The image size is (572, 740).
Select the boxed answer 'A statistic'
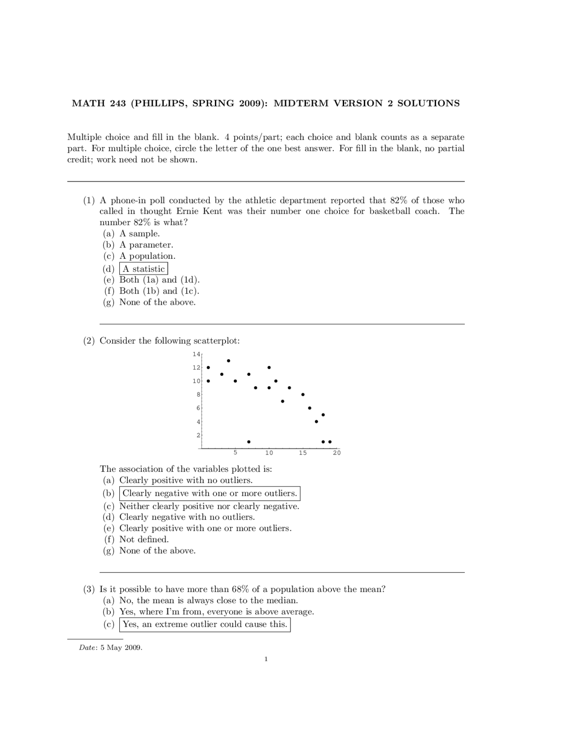pyautogui.click(x=143, y=269)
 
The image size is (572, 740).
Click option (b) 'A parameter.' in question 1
pyautogui.click(x=146, y=245)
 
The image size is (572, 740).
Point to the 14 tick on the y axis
pyautogui.click(x=196, y=354)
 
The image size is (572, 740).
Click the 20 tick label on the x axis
pyautogui.click(x=336, y=453)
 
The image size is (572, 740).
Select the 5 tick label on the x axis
pyautogui.click(x=236, y=453)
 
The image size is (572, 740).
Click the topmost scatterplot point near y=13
pyautogui.click(x=228, y=361)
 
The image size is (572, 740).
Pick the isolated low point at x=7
pyautogui.click(x=249, y=441)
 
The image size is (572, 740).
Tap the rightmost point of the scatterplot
pyautogui.click(x=330, y=441)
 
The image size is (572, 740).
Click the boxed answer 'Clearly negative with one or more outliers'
pyautogui.click(x=210, y=493)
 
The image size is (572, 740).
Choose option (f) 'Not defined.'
pyautogui.click(x=144, y=539)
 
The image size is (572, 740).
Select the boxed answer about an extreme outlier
pyautogui.click(x=205, y=624)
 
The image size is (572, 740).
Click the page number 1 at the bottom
pyautogui.click(x=266, y=659)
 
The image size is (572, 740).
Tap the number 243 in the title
pyautogui.click(x=118, y=103)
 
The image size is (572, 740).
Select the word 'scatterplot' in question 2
pyautogui.click(x=216, y=341)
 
